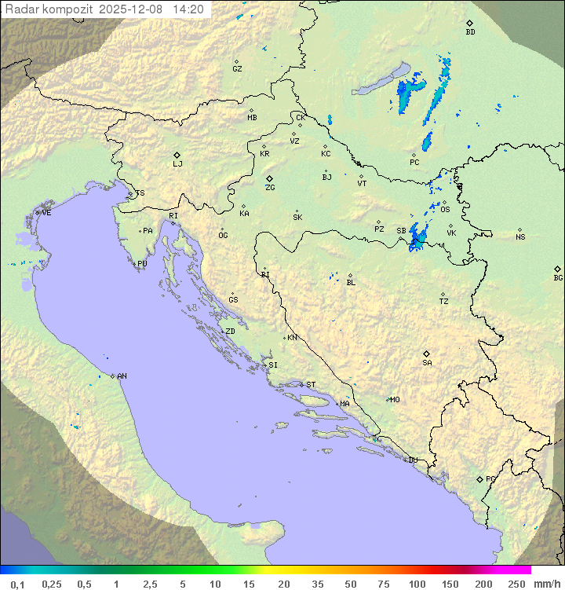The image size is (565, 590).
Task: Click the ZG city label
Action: point(270,188)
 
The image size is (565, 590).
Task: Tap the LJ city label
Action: point(177,164)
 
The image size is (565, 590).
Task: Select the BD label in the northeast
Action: point(470,32)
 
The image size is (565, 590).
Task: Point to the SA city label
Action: point(427,363)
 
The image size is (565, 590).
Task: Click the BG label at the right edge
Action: point(558,277)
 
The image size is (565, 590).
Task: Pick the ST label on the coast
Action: point(311,385)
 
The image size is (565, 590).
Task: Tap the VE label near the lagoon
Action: point(46,213)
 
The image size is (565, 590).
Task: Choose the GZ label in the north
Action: point(237,69)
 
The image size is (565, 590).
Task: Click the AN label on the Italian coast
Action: point(122,376)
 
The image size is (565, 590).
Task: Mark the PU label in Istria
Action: point(142,264)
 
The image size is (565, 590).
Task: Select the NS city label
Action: point(520,237)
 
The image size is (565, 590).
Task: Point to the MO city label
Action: point(395,400)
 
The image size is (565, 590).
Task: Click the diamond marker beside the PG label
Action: point(479,478)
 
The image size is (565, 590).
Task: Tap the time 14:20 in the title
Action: point(188,9)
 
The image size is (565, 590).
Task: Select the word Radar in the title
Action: point(20,9)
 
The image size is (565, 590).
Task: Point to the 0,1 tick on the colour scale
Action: point(17,584)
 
